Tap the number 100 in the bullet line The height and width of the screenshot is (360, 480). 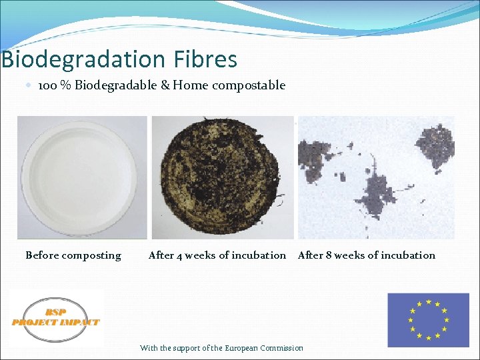point(47,85)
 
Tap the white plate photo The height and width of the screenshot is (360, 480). point(82,177)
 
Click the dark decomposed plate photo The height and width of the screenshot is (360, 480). point(222,177)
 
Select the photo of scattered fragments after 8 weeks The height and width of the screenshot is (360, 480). point(376,177)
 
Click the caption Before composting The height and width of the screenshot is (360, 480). point(73,255)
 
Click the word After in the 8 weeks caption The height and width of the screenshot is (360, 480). point(310,255)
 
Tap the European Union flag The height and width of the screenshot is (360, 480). point(429,319)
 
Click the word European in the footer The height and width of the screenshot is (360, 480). point(241,348)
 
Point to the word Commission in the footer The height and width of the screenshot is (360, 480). point(281,348)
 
